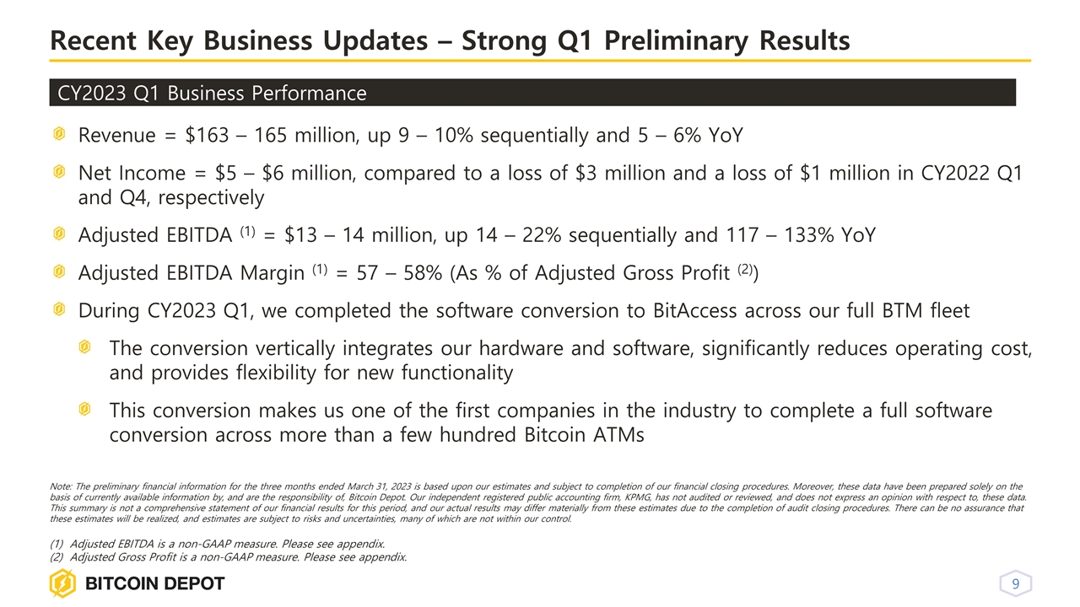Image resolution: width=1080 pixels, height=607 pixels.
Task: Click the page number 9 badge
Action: pyautogui.click(x=1016, y=584)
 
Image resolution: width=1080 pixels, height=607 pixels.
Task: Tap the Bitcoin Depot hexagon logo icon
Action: pyautogui.click(x=62, y=583)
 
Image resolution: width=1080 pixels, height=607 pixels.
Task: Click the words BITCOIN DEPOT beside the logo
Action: pyautogui.click(x=154, y=584)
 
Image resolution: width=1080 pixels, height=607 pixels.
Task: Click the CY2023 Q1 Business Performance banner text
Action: pyautogui.click(x=211, y=93)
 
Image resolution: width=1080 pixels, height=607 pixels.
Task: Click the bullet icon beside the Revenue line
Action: pyautogui.click(x=58, y=135)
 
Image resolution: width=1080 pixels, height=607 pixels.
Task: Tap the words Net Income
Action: pyautogui.click(x=132, y=174)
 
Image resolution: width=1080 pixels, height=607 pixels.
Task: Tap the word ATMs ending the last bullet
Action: pyautogui.click(x=619, y=435)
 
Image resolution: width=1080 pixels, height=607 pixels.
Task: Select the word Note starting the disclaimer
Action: pyautogui.click(x=62, y=486)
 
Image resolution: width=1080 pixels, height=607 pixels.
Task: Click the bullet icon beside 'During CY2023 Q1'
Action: pyautogui.click(x=58, y=310)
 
